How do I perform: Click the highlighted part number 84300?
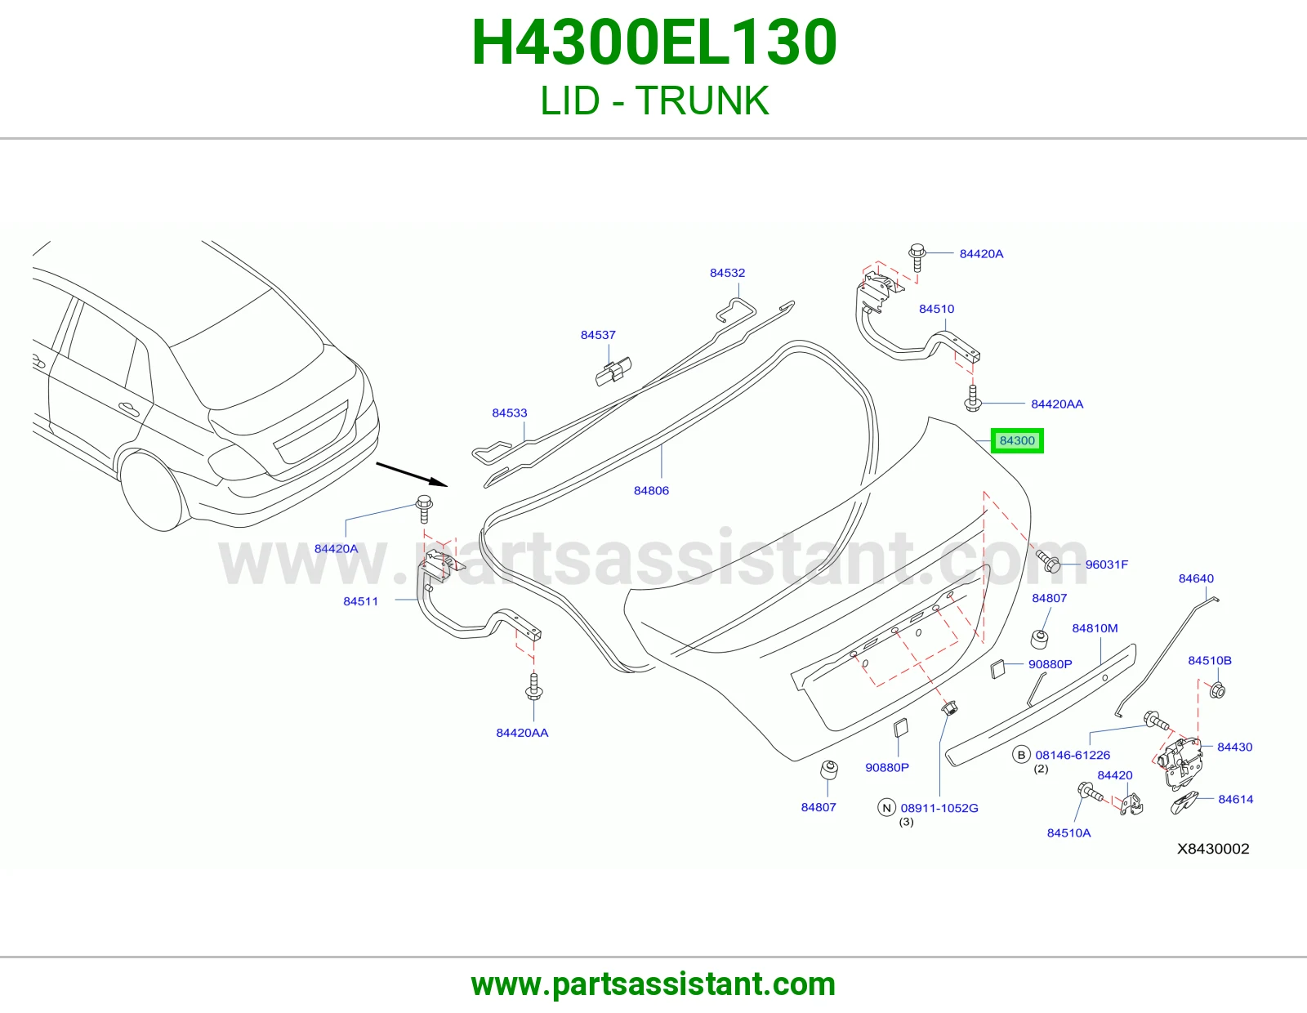coord(1017,441)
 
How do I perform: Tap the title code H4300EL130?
coord(653,42)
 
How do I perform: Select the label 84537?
coord(598,335)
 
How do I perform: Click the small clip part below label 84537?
coord(613,371)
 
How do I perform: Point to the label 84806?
coord(651,491)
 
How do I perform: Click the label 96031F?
coord(1107,565)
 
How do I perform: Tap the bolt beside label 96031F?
coord(1048,561)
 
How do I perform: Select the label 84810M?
coord(1095,628)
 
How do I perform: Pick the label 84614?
coord(1236,800)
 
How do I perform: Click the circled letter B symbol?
coord(1021,754)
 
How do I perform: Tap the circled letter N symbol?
coord(886,808)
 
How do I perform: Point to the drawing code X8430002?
coord(1213,849)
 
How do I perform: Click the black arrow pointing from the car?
coord(412,474)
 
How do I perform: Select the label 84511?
coord(361,601)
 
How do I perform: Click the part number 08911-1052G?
coord(939,809)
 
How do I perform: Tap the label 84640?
coord(1197,578)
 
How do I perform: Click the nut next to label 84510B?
coord(1217,690)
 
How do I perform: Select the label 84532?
coord(727,273)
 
